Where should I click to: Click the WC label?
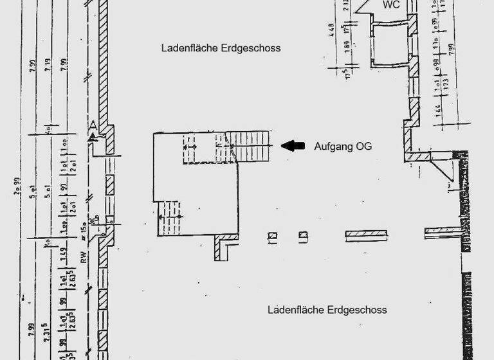click(x=392, y=5)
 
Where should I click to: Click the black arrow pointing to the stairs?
click(x=295, y=146)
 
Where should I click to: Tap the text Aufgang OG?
click(x=343, y=147)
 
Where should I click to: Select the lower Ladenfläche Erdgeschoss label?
click(x=327, y=310)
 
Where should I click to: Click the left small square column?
click(x=273, y=237)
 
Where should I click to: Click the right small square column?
click(x=302, y=237)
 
